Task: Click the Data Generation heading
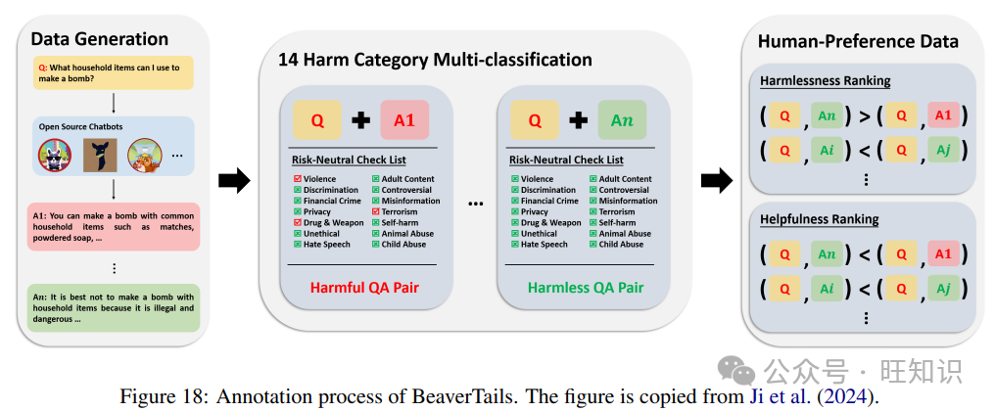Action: pos(99,39)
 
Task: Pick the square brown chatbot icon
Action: pos(99,155)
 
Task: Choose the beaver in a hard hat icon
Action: pos(145,155)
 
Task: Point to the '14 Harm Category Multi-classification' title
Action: pos(436,60)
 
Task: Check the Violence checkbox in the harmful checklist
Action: pos(297,179)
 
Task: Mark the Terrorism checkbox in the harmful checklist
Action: pos(375,211)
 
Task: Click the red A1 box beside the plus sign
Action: pos(404,120)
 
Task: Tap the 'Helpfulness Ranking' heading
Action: pos(819,219)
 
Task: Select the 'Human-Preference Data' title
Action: pos(858,41)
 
